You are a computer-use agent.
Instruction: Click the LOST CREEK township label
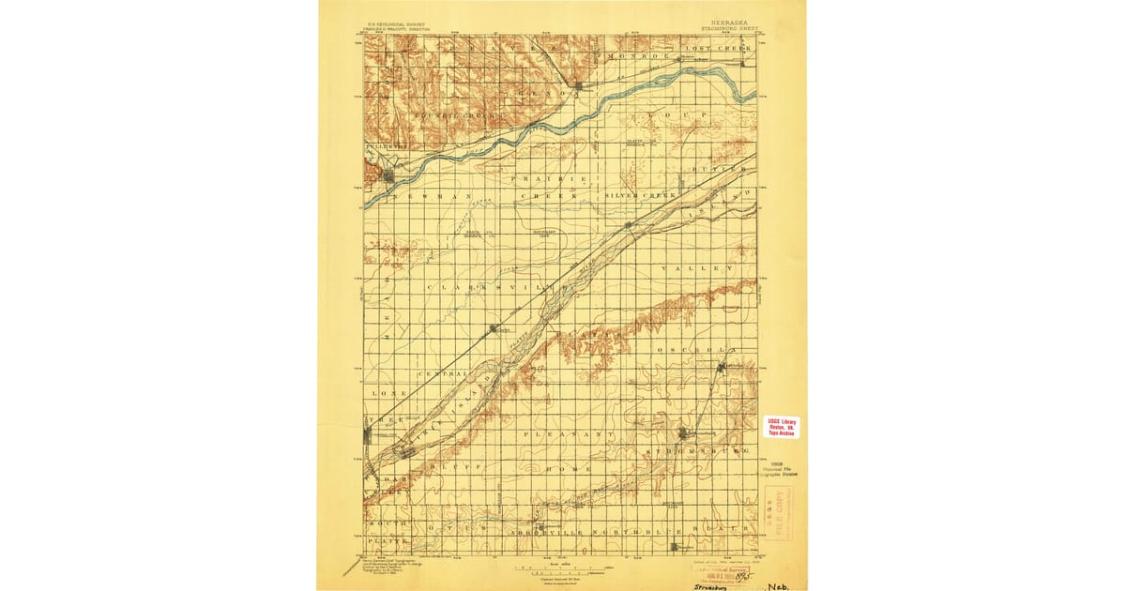pyautogui.click(x=719, y=47)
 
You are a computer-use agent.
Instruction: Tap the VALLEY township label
pyautogui.click(x=697, y=268)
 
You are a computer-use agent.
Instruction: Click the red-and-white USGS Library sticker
pyautogui.click(x=782, y=427)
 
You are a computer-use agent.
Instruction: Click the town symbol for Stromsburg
pyautogui.click(x=685, y=432)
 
